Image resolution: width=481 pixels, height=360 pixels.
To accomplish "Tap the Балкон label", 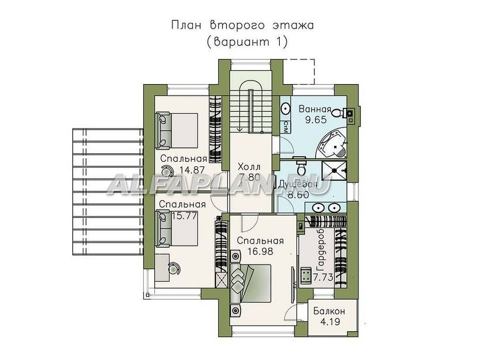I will pos(328,311).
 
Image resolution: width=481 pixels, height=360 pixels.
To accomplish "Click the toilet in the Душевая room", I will pos(300,164).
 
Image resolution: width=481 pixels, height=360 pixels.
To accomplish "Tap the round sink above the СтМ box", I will pos(286,108).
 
